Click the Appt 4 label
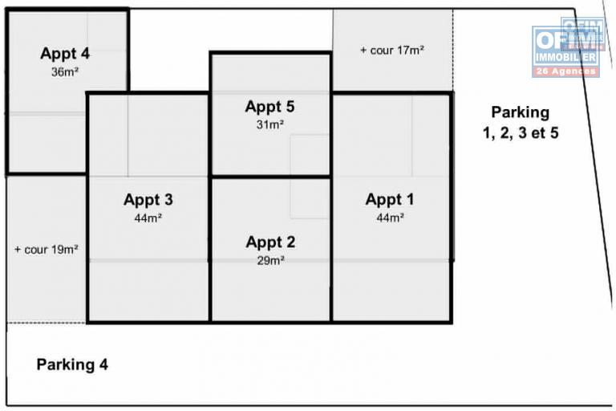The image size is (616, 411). coord(65,54)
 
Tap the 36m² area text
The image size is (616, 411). coord(65,72)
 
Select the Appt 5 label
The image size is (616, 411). coord(269,107)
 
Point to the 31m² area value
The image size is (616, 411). coord(270,124)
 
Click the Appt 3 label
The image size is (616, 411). coord(148,200)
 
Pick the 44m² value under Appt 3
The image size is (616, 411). coord(148,218)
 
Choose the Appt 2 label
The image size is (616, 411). coord(270,242)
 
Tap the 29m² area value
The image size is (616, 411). coord(270,260)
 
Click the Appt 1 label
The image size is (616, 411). coord(390,199)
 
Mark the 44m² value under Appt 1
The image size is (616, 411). coord(390,218)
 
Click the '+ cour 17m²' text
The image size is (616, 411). coord(392,51)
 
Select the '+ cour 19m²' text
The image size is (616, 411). coord(46,250)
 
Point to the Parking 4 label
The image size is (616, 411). coord(72,364)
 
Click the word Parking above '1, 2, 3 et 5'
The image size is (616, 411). coord(521,112)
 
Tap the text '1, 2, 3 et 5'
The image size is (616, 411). coord(521,133)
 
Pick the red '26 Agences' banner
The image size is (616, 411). coord(566,71)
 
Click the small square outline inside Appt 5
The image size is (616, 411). coord(310,156)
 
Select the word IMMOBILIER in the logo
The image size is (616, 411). coord(566,58)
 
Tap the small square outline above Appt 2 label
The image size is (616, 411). coord(310,198)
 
